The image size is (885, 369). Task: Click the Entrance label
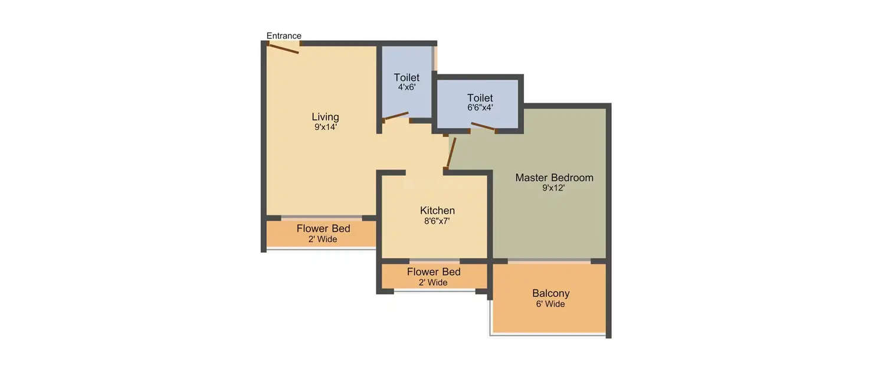[x=284, y=35]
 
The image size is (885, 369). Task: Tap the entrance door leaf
[x=283, y=48]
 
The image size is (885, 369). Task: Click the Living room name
[x=325, y=117]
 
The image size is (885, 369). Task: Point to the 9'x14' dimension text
[x=325, y=127]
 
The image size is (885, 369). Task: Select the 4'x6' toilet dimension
[x=407, y=87]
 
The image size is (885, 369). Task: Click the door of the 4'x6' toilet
[x=395, y=116]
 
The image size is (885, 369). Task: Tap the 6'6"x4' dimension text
[x=480, y=107]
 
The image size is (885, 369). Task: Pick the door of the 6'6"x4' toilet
[x=483, y=126]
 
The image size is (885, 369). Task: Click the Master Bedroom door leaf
[x=451, y=153]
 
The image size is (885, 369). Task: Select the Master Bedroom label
[x=554, y=178]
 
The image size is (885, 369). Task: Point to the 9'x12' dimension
[x=553, y=188]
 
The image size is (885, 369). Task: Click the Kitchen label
[x=437, y=210]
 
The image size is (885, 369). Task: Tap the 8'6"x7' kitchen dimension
[x=437, y=221]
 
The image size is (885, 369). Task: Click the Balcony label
[x=550, y=293]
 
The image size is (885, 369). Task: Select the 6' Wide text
[x=550, y=304]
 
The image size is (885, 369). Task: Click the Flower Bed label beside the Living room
[x=323, y=228]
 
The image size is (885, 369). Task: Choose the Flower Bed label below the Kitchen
[x=434, y=272]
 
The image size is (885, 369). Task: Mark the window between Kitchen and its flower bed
[x=435, y=260]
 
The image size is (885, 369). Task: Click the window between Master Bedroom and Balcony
[x=549, y=261]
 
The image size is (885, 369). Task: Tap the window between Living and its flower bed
[x=322, y=217]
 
